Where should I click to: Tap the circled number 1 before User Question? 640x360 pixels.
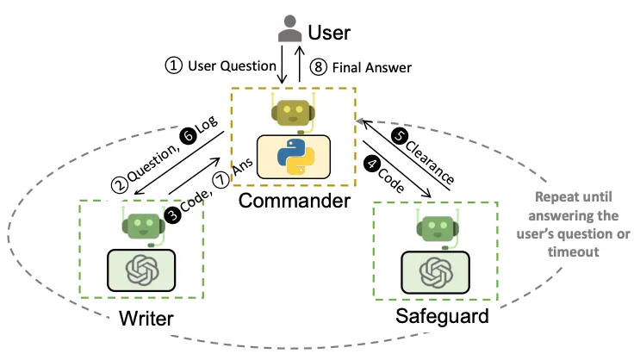[x=175, y=65]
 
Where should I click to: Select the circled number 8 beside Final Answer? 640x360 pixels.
[x=319, y=65]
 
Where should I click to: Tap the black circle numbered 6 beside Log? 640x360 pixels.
[x=186, y=136]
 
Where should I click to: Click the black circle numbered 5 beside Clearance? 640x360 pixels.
[x=398, y=135]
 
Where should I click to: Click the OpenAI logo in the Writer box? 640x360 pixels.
[x=140, y=271]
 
